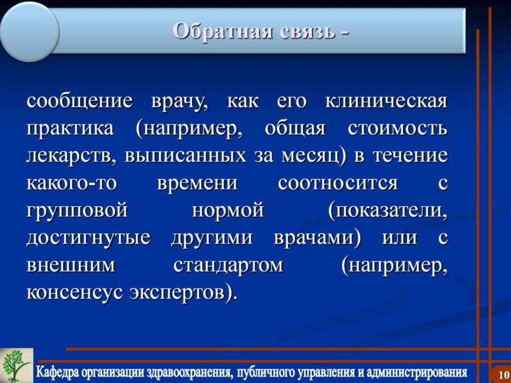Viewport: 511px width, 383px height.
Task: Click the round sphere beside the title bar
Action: click(x=29, y=31)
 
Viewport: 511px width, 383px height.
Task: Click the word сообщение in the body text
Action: click(x=79, y=102)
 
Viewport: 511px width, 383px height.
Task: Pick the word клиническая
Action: click(x=386, y=102)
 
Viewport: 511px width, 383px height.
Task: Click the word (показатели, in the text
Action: click(x=388, y=210)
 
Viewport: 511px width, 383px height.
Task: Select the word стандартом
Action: click(x=228, y=264)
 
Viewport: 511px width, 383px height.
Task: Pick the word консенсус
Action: click(x=74, y=292)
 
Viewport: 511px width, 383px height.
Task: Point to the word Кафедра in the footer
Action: click(x=64, y=373)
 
